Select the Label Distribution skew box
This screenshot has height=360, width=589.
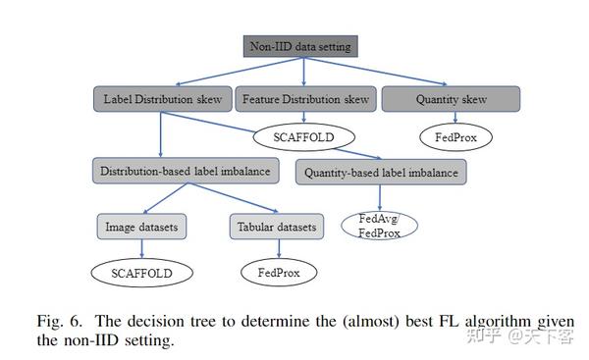(x=161, y=99)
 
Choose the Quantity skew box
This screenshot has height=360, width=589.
(x=448, y=99)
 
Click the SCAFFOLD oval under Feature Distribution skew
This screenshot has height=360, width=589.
(x=303, y=136)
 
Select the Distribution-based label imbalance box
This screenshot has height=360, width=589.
(x=185, y=171)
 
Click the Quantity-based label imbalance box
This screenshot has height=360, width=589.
(x=381, y=173)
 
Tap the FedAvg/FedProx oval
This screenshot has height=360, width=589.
(x=379, y=225)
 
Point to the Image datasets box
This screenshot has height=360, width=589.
(x=141, y=228)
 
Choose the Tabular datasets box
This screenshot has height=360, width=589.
(x=277, y=228)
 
